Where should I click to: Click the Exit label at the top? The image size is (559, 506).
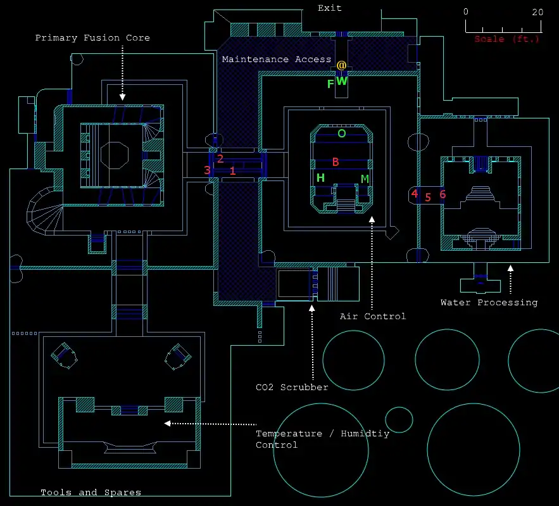pos(329,8)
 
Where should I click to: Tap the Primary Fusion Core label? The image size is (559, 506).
pos(92,38)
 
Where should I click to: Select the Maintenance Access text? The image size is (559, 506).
pos(276,60)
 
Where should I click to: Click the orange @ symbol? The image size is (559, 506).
pos(341,65)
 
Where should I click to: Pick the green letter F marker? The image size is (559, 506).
pos(330,84)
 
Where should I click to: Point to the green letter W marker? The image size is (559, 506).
pos(341,81)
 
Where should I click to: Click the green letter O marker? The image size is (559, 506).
pos(341,134)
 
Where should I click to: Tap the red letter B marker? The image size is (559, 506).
pos(336,162)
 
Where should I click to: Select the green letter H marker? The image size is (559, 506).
pos(320,178)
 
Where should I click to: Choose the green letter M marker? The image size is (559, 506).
pos(365,179)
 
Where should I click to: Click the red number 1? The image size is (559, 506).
pos(232,171)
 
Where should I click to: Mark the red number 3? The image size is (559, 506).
pos(207,170)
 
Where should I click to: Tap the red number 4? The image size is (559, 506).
pos(415,194)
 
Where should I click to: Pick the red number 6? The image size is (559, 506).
pos(443,194)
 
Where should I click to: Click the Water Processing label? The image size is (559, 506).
pos(489,303)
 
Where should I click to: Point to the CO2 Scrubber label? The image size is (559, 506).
pos(292,387)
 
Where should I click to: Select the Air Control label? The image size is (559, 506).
pos(372,316)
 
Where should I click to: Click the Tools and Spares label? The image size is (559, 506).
pos(91,492)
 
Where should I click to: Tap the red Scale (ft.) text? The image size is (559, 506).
pos(507,39)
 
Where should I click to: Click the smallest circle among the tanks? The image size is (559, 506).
pos(399,420)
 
